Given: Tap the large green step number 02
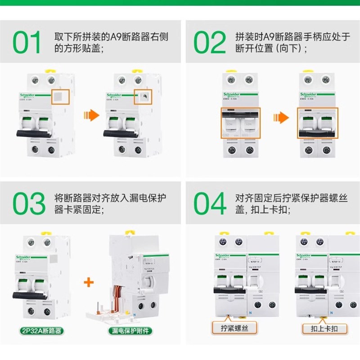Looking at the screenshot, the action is pyautogui.click(x=210, y=43).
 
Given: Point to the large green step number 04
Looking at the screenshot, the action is pyautogui.click(x=210, y=204).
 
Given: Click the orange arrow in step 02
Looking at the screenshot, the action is pyautogui.click(x=281, y=119).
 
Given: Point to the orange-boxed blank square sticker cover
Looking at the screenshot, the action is pyautogui.click(x=60, y=97).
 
